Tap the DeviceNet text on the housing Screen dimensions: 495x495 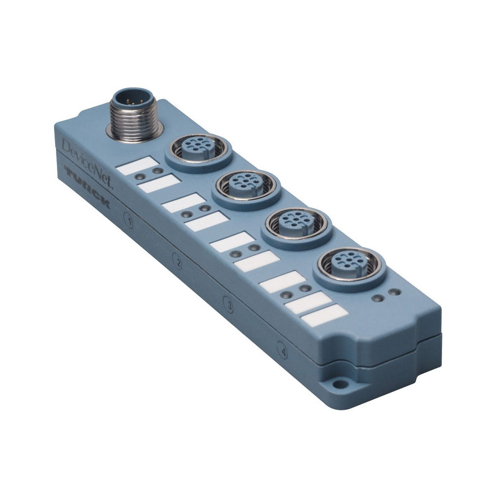(88, 164)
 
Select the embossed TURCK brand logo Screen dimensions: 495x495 (87, 187)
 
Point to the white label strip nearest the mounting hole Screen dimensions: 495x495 (324, 315)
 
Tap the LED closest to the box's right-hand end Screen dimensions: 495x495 (394, 293)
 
